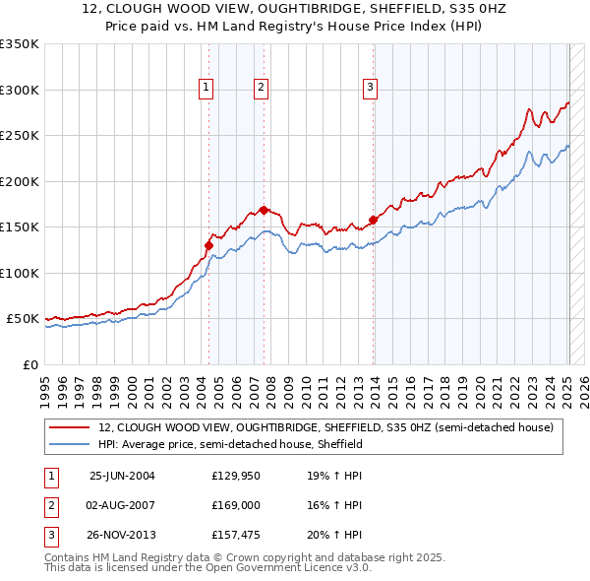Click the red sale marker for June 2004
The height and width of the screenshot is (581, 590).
pyautogui.click(x=208, y=245)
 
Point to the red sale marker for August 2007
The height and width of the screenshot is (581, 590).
pyautogui.click(x=264, y=210)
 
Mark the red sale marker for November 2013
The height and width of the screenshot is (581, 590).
pyautogui.click(x=374, y=220)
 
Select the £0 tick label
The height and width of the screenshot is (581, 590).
pyautogui.click(x=29, y=364)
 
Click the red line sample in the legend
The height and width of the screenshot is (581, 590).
pyautogui.click(x=71, y=428)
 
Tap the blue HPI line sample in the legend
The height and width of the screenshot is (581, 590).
pyautogui.click(x=71, y=444)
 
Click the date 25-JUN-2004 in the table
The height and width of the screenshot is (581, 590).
pyautogui.click(x=122, y=476)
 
